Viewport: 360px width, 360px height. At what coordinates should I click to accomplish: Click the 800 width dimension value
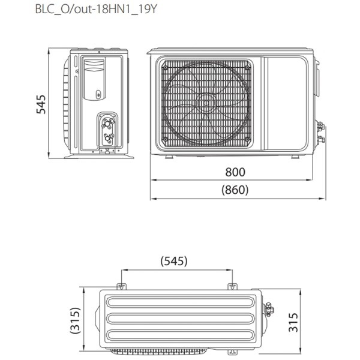[235, 172]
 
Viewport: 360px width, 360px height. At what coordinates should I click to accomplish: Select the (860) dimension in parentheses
[235, 190]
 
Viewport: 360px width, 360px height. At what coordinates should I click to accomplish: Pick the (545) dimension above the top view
[174, 262]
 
